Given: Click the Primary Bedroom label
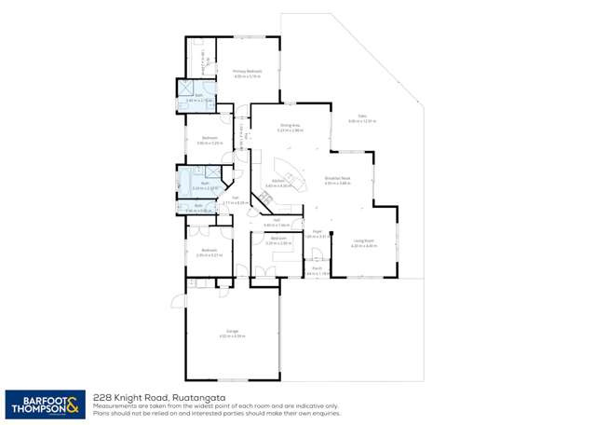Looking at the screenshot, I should coord(247,71).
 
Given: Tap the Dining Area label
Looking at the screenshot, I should coord(290,125).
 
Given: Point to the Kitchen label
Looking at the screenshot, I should coord(277,181).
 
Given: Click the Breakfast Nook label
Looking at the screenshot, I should coord(336,178).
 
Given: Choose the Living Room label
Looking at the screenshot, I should coord(363,241).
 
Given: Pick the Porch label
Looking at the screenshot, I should coord(318,268).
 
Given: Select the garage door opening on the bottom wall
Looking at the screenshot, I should coord(232,380).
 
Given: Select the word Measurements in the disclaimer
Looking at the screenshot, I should coord(115,405).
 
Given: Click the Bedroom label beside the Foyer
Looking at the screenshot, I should coord(277,239).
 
